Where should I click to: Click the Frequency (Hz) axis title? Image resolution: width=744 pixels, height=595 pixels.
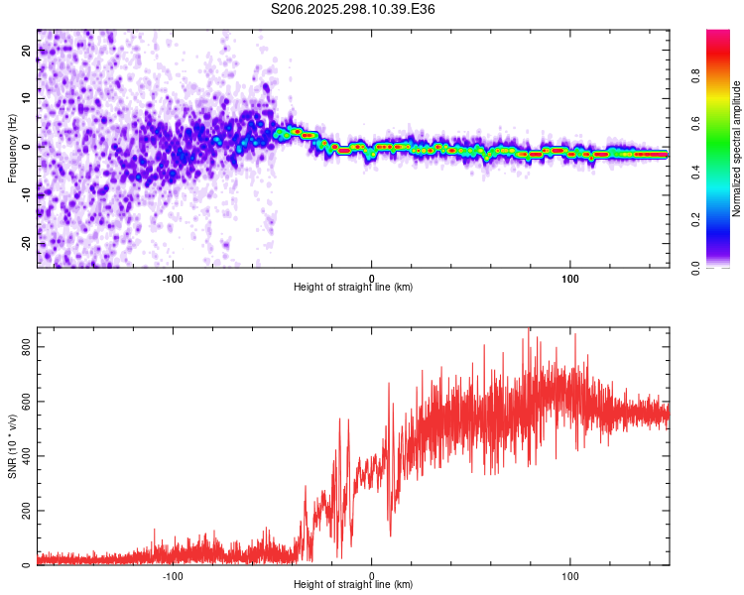click(12, 148)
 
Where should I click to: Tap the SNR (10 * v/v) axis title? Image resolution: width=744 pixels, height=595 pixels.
click(12, 446)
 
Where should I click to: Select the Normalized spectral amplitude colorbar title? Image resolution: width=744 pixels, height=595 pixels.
click(737, 149)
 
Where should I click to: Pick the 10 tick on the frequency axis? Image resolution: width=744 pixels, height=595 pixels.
click(27, 98)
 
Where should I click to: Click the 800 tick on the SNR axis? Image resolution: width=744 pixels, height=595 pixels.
click(21, 347)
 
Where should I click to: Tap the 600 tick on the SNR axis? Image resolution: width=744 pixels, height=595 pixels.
click(21, 402)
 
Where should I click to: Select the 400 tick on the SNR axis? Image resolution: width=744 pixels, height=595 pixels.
click(21, 456)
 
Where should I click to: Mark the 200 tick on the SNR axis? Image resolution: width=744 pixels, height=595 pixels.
click(21, 511)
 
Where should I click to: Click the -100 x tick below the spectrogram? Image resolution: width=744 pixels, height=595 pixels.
click(173, 277)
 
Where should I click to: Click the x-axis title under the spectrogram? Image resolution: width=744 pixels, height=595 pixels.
click(353, 288)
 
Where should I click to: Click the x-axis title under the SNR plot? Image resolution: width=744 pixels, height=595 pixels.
click(353, 586)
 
